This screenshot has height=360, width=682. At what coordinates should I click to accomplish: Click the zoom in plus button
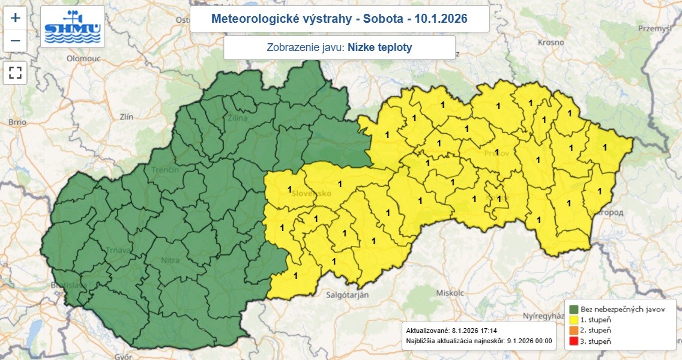pos(16,18)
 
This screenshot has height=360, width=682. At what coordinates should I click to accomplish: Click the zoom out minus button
pos(16,41)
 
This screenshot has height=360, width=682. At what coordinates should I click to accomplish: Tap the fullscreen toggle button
pos(16,73)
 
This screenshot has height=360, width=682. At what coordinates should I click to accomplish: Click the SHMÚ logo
pos(73,28)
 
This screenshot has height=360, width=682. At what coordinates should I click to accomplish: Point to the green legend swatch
pos(573,308)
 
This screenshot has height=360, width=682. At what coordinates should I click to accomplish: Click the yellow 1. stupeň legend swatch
pos(573,319)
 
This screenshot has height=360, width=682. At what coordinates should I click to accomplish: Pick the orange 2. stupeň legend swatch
pos(573,330)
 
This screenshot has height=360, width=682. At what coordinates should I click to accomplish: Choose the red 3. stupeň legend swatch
pos(573,341)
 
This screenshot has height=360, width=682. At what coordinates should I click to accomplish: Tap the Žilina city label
pos(237,118)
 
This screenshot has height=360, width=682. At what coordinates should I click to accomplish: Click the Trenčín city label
pos(166,170)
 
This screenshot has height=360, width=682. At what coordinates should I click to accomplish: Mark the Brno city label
pos(14,122)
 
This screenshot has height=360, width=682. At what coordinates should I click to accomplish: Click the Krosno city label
pos(551,42)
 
